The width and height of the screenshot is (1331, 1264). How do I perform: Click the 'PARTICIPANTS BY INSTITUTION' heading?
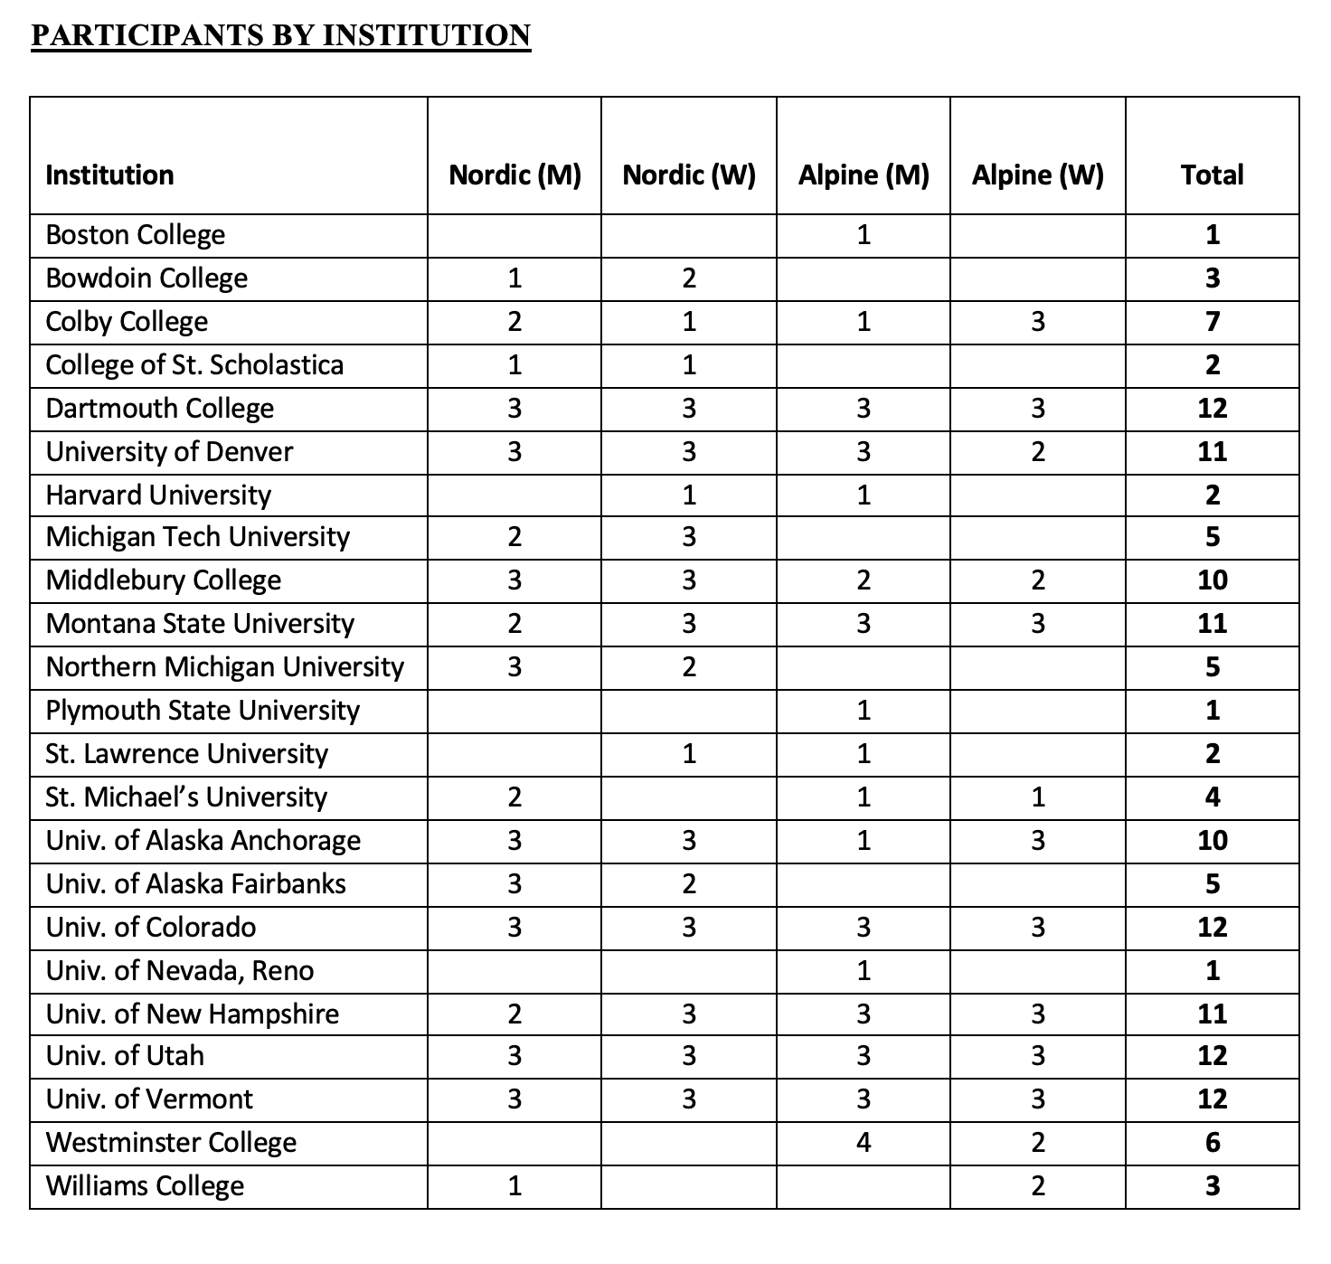pos(280,35)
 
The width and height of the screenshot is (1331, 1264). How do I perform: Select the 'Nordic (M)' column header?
pos(514,175)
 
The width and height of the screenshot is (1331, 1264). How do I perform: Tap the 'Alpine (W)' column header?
pos(1037,175)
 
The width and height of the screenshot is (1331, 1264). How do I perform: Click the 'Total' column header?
pos(1212,175)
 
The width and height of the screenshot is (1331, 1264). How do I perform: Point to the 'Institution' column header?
pos(109,175)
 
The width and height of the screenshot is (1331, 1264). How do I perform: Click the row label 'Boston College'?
pos(135,235)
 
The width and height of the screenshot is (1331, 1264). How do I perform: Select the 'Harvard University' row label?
pos(158,495)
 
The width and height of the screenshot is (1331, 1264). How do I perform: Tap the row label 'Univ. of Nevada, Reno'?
pos(180,971)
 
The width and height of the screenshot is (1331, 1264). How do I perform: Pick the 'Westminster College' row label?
pos(171,1143)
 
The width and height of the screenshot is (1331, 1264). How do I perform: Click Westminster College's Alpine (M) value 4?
pos(863,1143)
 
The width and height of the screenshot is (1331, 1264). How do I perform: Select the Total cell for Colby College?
pos(1212,322)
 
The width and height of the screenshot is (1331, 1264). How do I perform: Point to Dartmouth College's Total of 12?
pos(1212,409)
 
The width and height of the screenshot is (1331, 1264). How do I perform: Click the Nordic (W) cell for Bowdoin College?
pos(689,278)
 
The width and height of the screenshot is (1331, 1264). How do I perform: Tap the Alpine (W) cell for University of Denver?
pos(1037,451)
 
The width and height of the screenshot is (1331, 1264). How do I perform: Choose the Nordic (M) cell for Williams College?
pos(514,1186)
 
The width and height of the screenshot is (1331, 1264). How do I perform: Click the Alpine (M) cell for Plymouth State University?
pos(863,711)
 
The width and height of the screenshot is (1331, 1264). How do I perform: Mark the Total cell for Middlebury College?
pos(1212,580)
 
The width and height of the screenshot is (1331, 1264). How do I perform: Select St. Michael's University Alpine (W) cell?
pos(1037,797)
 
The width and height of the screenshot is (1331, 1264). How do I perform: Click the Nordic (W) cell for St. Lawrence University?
pos(689,754)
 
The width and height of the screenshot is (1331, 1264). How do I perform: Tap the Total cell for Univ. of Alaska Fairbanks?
pos(1212,883)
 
